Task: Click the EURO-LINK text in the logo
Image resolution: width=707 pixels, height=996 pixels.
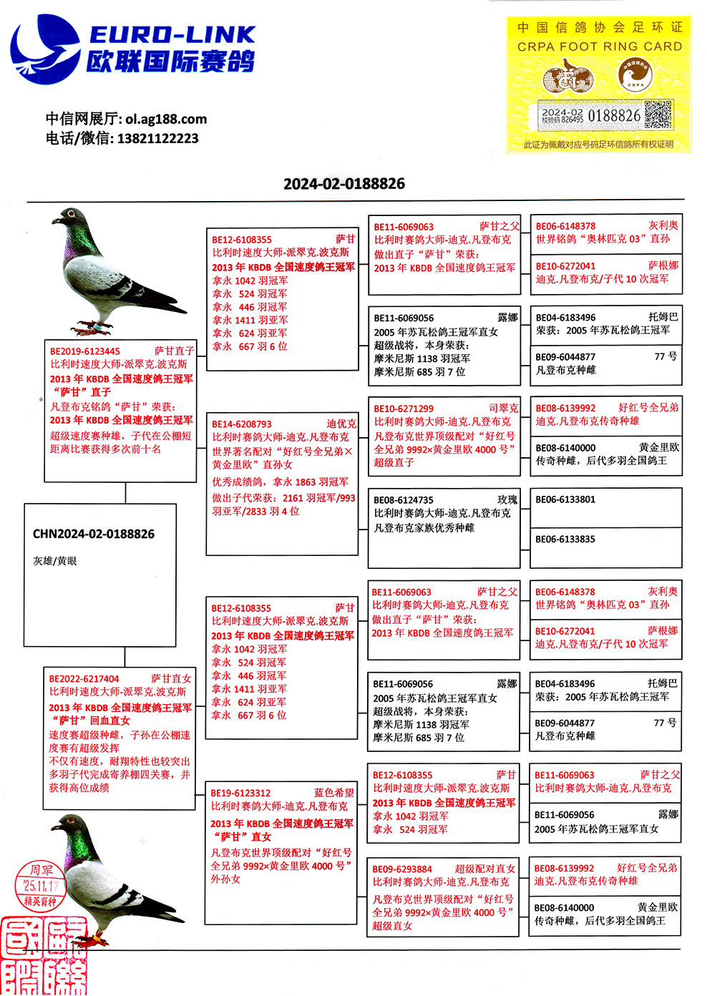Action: coord(172,34)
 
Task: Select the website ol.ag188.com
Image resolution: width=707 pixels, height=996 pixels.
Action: coord(166,119)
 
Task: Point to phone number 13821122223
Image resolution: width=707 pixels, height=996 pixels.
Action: coord(157,138)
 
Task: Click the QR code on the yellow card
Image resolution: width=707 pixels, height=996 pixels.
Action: coord(658,114)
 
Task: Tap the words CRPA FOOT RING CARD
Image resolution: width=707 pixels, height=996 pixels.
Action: coord(600,47)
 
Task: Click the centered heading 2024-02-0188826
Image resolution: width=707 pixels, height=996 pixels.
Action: coord(344,184)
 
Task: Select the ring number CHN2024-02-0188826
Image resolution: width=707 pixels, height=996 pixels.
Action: coord(94,534)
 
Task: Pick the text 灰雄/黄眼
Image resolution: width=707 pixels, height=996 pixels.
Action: coord(55,561)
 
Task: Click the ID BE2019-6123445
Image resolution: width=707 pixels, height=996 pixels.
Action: coord(85,351)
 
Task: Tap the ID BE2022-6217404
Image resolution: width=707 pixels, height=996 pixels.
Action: coord(84,679)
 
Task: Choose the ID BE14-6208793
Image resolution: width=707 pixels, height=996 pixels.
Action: coord(242,424)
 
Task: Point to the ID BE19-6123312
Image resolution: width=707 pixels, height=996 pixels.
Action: coord(240,793)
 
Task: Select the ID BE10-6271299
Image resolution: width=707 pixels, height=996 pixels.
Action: coord(404,409)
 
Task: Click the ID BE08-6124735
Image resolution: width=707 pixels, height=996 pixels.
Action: coord(404,500)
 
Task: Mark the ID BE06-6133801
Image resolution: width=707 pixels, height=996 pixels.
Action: coord(565,499)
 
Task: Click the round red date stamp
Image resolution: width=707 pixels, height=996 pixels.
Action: coord(40,886)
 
